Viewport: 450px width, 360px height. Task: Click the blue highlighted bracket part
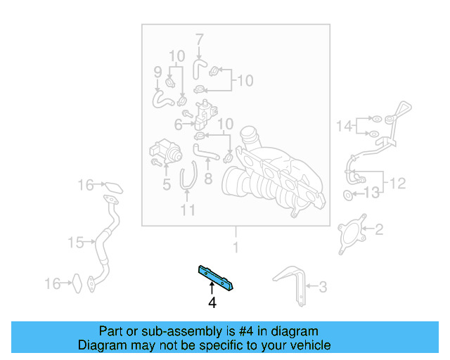point(216,277)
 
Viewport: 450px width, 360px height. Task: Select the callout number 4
point(211,304)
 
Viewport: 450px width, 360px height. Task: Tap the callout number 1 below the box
point(236,247)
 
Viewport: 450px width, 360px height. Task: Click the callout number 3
point(323,286)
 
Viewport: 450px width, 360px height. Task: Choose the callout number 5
point(167,185)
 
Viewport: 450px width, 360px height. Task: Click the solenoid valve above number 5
point(162,151)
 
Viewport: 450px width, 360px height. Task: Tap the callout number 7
point(199,39)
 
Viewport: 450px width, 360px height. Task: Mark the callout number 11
point(186,210)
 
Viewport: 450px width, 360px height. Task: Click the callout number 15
point(75,243)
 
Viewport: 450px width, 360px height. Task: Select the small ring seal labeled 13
point(349,194)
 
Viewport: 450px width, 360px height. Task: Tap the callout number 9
point(157,71)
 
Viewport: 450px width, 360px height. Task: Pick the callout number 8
point(207,179)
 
